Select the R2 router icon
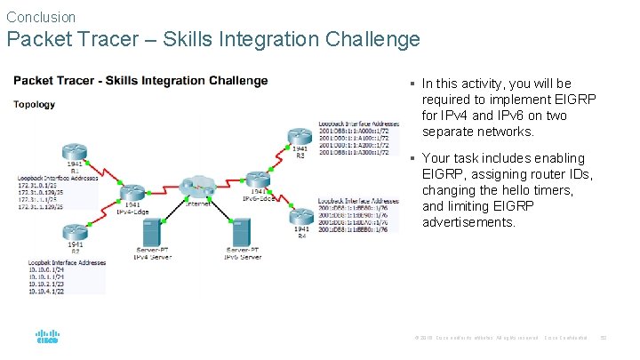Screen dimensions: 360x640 (x=75, y=233)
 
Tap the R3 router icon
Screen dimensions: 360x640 (x=300, y=138)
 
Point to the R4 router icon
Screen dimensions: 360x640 (x=301, y=215)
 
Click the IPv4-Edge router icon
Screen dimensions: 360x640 (x=132, y=192)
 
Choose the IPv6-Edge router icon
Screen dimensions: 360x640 (x=258, y=179)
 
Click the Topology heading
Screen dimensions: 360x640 (x=34, y=104)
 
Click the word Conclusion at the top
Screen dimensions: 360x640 (x=41, y=17)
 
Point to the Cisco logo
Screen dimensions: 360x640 (x=47, y=338)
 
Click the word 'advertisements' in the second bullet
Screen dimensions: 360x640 (x=468, y=222)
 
